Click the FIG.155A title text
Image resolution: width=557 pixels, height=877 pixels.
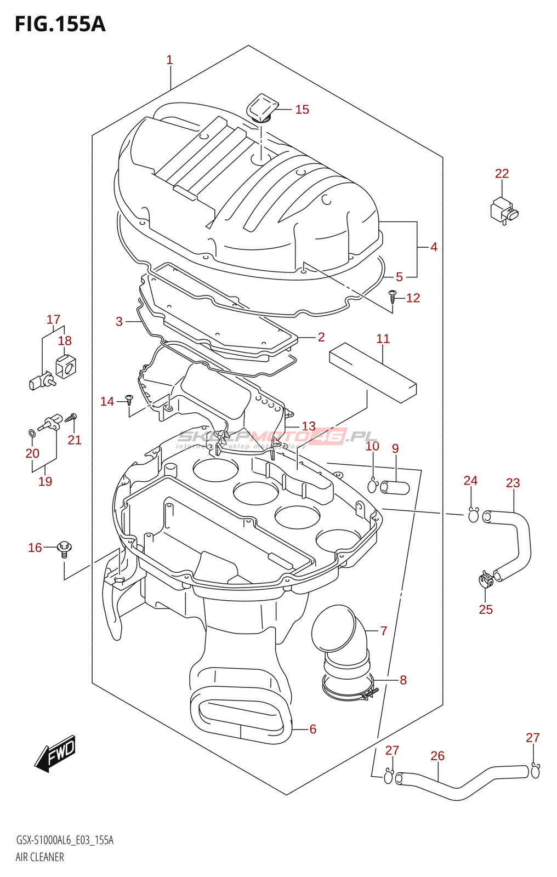click(x=60, y=24)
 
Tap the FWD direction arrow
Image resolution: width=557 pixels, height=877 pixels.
click(x=55, y=754)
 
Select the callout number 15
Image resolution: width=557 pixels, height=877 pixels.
click(x=302, y=110)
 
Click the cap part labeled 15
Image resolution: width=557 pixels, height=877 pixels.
click(x=263, y=107)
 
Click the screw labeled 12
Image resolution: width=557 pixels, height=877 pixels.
click(x=393, y=297)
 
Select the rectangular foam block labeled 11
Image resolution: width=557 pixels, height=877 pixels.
click(x=373, y=372)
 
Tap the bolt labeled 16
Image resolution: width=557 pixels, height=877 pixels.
click(x=65, y=548)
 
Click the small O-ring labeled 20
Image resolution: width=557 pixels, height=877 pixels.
click(x=32, y=434)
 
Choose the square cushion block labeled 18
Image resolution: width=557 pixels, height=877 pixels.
click(x=66, y=366)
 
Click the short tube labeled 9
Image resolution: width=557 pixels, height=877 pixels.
click(x=395, y=487)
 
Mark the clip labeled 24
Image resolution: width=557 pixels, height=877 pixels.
click(x=473, y=515)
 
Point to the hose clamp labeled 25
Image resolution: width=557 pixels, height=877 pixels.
click(x=485, y=579)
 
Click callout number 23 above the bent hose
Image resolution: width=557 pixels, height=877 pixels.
click(x=513, y=483)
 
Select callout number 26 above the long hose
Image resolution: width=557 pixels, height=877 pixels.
click(x=437, y=756)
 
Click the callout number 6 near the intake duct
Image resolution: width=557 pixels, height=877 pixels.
click(x=312, y=729)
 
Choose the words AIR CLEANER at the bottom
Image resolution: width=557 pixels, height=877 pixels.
click(x=39, y=857)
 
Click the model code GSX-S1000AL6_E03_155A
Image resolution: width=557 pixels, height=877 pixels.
click(x=65, y=840)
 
